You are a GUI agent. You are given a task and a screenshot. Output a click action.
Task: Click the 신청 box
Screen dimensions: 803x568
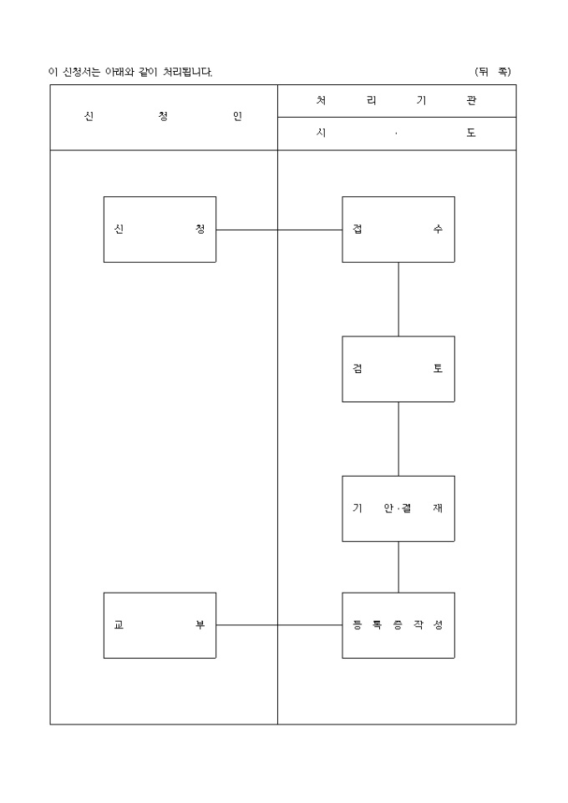[160, 230]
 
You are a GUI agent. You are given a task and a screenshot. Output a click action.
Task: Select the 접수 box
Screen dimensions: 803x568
[398, 230]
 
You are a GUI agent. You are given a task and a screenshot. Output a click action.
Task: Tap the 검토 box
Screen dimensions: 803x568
[398, 369]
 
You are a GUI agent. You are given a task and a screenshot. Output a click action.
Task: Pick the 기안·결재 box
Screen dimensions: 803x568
[398, 508]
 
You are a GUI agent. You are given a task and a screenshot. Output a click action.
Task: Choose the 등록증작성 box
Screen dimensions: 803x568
[398, 625]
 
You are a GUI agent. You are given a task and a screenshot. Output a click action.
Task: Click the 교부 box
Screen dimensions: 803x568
[160, 625]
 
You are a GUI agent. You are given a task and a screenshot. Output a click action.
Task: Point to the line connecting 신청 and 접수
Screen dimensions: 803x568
[279, 230]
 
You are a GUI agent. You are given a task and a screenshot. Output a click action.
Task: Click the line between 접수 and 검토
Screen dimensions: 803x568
[398, 299]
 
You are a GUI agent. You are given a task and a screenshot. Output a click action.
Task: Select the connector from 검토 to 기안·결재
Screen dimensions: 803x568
[398, 438]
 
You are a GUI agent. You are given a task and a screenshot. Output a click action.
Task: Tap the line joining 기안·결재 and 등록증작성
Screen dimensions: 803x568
[398, 567]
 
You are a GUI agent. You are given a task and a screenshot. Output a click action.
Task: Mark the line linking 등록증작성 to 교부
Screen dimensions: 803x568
[279, 625]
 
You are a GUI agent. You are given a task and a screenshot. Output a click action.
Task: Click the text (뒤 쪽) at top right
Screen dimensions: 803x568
[492, 72]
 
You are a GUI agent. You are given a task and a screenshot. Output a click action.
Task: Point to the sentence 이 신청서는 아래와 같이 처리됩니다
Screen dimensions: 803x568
[131, 73]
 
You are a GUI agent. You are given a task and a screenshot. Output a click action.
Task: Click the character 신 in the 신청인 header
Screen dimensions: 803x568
[89, 117]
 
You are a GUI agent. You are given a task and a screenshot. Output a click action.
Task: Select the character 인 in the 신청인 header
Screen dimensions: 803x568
[237, 117]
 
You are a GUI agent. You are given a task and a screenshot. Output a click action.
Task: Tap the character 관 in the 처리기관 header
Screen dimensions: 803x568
[471, 101]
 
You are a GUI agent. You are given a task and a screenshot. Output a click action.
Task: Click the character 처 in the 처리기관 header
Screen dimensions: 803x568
[322, 101]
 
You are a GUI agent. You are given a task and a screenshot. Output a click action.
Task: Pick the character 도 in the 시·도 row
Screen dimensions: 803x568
[471, 134]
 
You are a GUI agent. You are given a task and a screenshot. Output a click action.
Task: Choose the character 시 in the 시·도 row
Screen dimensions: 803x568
[322, 134]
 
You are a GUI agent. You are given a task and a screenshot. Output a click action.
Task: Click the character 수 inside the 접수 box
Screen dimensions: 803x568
[439, 230]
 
